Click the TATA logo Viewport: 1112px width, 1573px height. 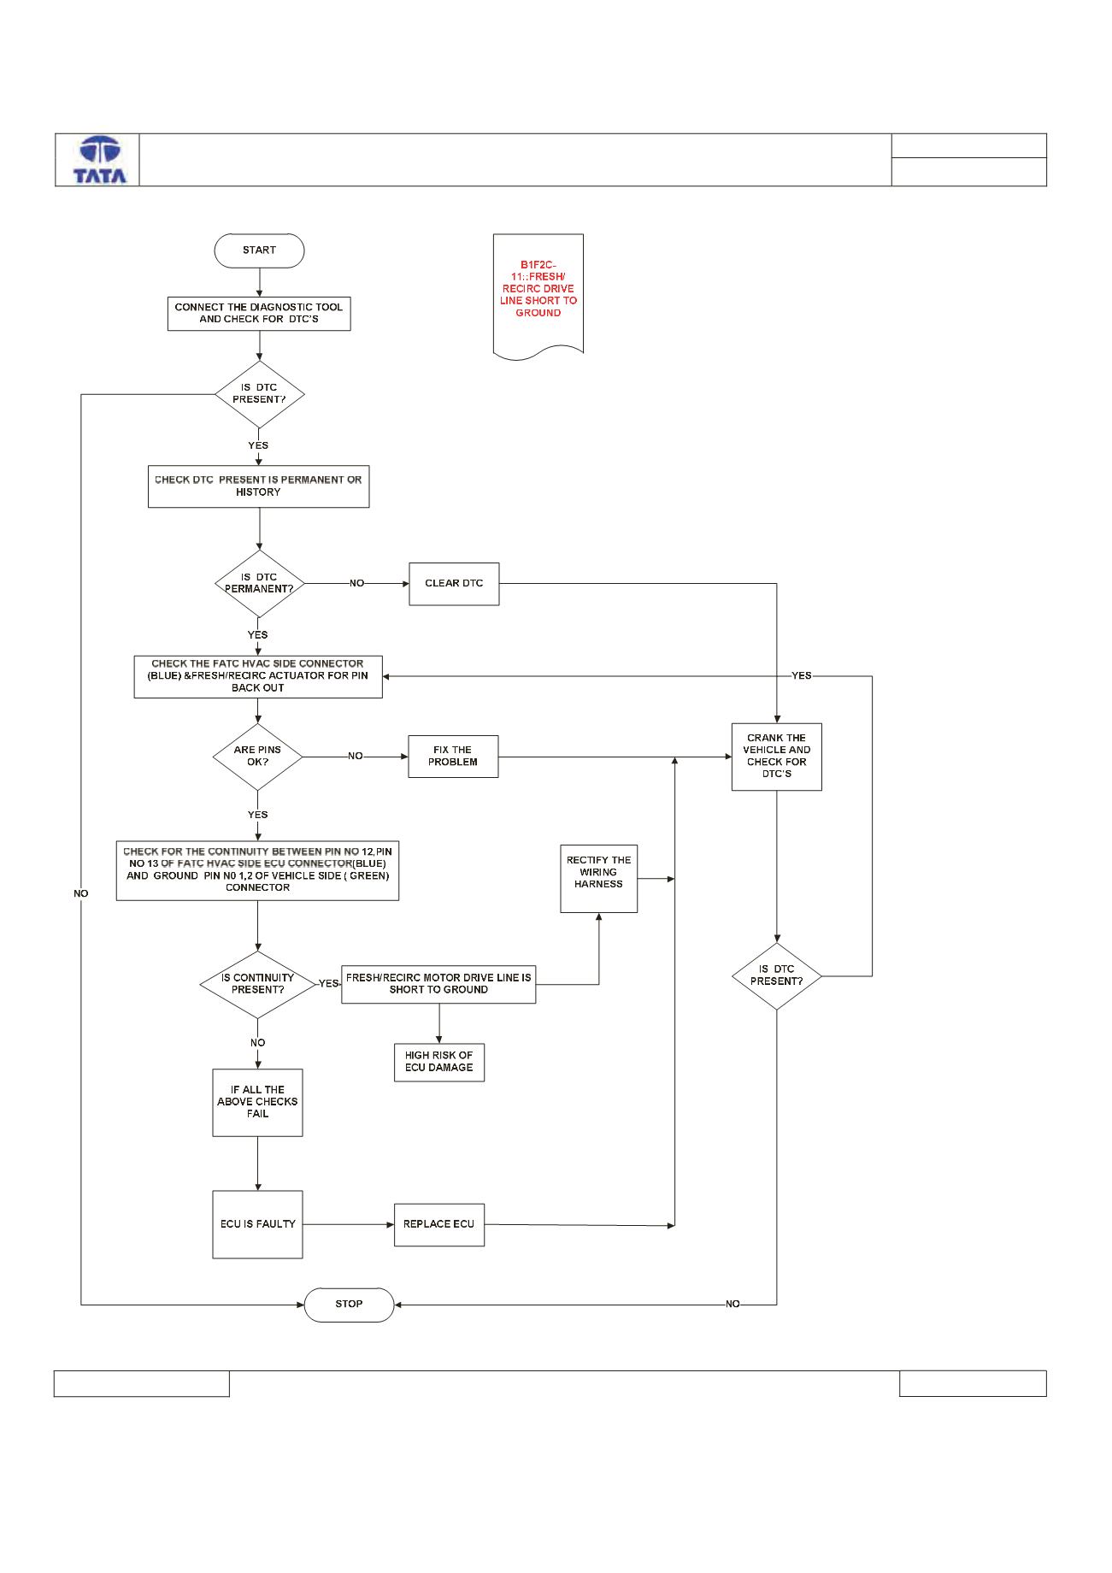coord(100,160)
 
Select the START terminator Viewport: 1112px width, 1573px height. coord(259,250)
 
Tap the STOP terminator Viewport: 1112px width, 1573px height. coord(349,1305)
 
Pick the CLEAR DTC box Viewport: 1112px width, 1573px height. coord(454,584)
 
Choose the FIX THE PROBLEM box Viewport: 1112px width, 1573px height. coord(453,757)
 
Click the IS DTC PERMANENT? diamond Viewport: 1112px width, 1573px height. coord(259,584)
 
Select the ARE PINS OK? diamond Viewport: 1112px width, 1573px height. coord(257,757)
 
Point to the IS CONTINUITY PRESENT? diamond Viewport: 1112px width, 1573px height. coord(257,984)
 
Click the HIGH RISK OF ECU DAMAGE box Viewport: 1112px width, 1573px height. coord(439,1062)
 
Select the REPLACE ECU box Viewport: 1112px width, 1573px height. coord(438,1224)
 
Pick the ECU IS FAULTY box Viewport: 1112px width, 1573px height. coord(257,1224)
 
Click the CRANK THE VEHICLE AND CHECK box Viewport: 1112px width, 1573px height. coord(776,757)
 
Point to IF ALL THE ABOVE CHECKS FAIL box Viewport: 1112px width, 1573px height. coord(257,1103)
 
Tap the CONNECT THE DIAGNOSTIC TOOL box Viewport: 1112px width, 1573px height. coord(259,313)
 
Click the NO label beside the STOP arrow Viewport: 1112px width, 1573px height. coord(733,1305)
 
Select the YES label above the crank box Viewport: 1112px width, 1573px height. coord(802,676)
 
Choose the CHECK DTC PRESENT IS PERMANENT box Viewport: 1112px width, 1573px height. coord(258,486)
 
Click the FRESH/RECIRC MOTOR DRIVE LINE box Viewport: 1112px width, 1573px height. coord(438,984)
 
